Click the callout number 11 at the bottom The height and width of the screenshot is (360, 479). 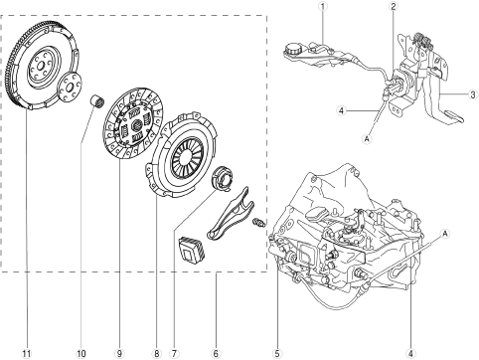click(x=27, y=353)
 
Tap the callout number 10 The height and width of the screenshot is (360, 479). click(x=81, y=353)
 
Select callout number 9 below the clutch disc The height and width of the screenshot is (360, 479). click(x=119, y=353)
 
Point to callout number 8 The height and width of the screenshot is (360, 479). click(x=156, y=353)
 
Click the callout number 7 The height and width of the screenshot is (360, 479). click(x=174, y=353)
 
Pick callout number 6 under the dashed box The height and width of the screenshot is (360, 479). click(x=216, y=353)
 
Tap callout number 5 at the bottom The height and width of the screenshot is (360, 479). click(x=277, y=353)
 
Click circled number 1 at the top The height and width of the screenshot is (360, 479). click(x=323, y=6)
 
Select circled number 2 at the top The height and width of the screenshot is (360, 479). click(x=394, y=6)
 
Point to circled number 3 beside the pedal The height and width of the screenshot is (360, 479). click(x=473, y=94)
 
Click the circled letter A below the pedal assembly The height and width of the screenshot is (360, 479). click(x=367, y=139)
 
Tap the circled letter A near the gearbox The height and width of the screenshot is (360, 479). click(x=445, y=234)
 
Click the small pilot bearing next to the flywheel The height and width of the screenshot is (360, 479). click(x=98, y=100)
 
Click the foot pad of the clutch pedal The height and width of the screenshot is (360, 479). click(x=453, y=116)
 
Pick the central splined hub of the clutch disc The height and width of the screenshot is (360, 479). click(x=137, y=125)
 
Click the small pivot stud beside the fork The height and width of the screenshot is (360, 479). click(x=259, y=223)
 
